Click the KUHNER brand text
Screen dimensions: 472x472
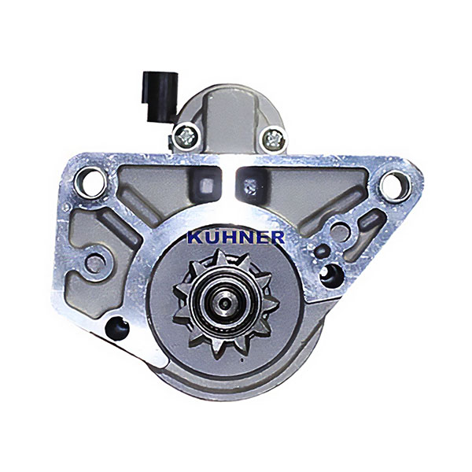pos(236,237)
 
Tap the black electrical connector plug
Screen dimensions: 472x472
pos(160,96)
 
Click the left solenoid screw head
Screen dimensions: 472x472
pos(186,137)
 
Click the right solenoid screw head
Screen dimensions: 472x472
pos(274,138)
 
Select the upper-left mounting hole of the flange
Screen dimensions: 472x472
pos(90,183)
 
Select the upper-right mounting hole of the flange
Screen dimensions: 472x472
pos(395,185)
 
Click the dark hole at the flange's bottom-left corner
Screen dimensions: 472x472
pos(117,329)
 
